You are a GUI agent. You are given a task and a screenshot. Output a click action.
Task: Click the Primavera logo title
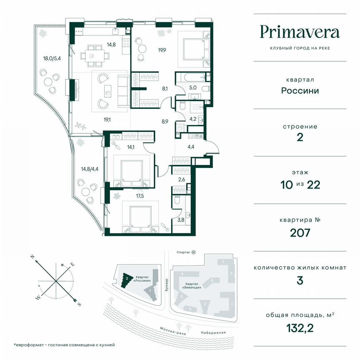[300, 32]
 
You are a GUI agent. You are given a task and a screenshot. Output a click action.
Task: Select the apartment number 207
[300, 232]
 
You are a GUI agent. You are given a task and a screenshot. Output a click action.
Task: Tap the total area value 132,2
[300, 328]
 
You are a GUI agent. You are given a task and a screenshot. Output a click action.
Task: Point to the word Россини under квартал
[300, 90]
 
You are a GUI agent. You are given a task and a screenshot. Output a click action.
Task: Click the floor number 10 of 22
[300, 185]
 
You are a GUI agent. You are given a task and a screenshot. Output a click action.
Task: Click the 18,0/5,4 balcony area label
[47, 59]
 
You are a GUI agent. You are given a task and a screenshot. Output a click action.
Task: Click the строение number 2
[300, 138]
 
